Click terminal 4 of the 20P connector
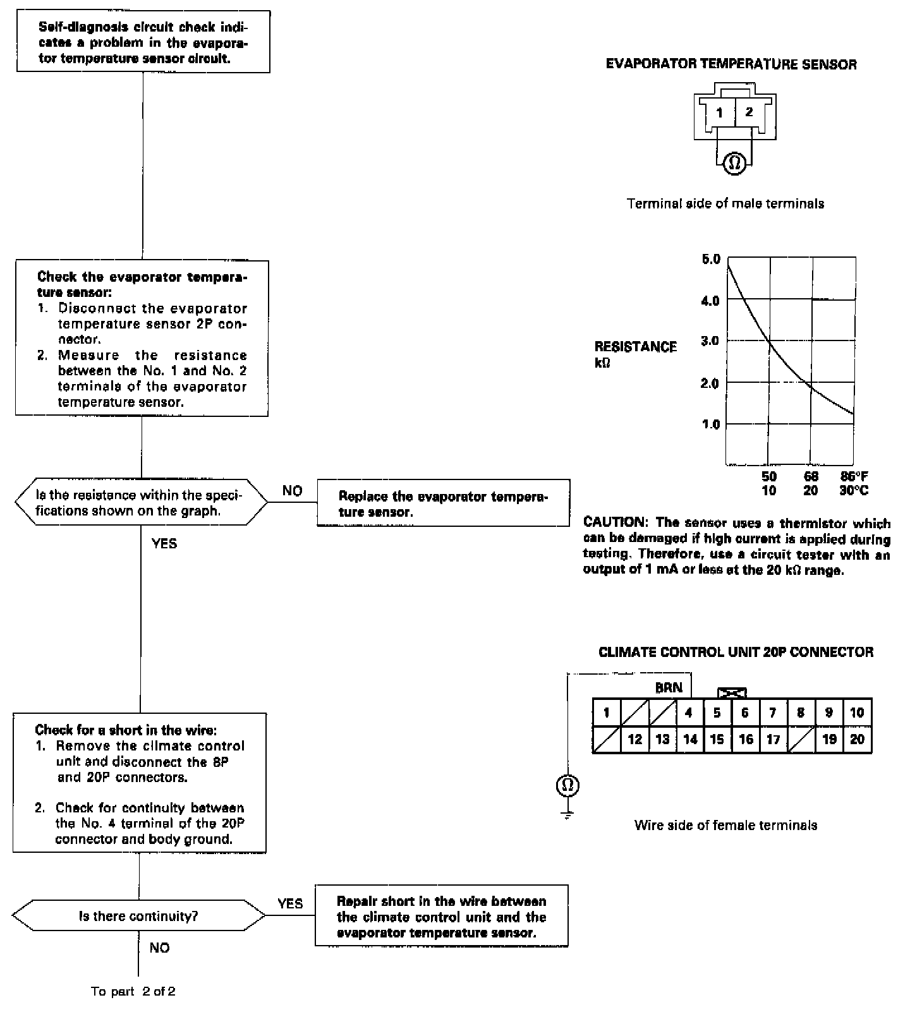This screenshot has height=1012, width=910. coord(689,713)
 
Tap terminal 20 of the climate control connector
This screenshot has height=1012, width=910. coord(857,739)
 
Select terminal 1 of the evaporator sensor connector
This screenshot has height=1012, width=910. coord(720,113)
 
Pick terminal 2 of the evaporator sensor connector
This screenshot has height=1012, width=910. coord(749,112)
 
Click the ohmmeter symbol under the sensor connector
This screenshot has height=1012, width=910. coord(734,164)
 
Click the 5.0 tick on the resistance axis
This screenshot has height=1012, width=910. coord(711,260)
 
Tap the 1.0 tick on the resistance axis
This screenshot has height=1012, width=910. coord(711,424)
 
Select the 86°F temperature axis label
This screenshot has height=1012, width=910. coord(854,476)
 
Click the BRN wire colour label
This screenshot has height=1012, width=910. coord(669,687)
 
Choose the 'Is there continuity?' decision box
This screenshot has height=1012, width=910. coord(139,916)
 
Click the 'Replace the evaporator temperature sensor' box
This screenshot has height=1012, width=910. coord(443,503)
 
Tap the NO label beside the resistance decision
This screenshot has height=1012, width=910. coord(293,491)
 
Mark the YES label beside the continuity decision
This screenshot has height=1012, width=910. coord(290,903)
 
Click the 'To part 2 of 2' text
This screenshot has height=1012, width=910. coord(133,991)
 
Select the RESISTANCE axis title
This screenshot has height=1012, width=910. coord(635,347)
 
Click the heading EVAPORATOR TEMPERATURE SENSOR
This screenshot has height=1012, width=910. coord(731,64)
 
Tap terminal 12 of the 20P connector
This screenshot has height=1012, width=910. coord(634,739)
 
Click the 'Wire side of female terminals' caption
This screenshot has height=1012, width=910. coord(725,825)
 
